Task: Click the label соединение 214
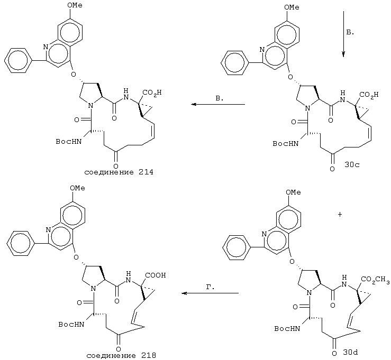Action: pos(119,172)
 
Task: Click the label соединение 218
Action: pos(121,355)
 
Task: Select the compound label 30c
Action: pos(352,165)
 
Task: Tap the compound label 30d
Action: pos(351,353)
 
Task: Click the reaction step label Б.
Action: pos(350,32)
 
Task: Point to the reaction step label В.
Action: pos(220,98)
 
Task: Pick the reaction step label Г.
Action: pos(211,287)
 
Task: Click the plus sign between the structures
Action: pos(340,214)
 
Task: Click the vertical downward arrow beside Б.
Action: pos(343,34)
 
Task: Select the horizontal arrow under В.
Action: pos(218,104)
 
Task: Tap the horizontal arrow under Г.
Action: pos(210,293)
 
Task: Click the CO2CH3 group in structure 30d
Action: pos(375,280)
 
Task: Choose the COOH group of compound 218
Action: pos(156,275)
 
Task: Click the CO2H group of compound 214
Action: pos(152,93)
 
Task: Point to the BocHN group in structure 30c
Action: pos(285,143)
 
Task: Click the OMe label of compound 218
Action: pos(77,188)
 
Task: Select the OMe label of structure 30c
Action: pos(292,7)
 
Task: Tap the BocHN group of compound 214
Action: pos(69,142)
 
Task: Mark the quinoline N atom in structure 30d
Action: pos(265,234)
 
